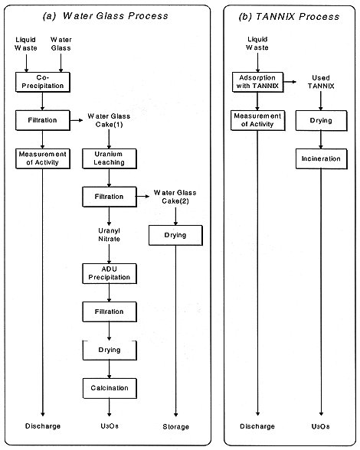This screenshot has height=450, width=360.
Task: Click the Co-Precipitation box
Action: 43,82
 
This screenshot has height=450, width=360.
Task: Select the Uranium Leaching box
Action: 110,158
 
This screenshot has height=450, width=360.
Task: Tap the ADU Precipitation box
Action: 110,273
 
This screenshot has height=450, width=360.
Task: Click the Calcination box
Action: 110,388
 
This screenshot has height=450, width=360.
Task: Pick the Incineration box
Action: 321,158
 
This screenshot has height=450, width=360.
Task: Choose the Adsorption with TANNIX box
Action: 257,82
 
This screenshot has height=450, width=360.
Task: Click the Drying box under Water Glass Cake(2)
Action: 175,236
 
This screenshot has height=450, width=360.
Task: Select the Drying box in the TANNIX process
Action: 321,121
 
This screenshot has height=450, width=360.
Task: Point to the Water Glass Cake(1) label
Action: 109,120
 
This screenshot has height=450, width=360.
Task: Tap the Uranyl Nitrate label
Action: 110,235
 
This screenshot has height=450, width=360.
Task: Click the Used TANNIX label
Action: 321,82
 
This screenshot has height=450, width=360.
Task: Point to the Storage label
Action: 176,427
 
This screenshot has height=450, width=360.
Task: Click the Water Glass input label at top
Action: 61,44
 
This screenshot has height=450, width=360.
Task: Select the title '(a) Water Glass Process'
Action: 105,16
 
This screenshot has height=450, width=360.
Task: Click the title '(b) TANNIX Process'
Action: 289,17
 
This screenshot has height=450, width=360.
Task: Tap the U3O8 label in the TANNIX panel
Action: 321,426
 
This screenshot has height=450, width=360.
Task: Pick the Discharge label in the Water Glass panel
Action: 43,426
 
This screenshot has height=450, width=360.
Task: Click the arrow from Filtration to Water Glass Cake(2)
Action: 143,197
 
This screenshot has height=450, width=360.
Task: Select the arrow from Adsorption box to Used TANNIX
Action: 290,82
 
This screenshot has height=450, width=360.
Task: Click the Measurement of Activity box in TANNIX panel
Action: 257,121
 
